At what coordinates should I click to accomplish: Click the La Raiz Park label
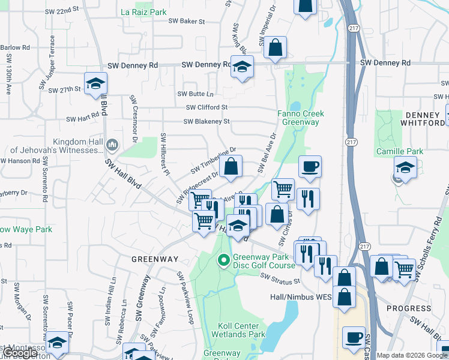pyautogui.click(x=143, y=11)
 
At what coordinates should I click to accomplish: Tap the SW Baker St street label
pyautogui.click(x=187, y=21)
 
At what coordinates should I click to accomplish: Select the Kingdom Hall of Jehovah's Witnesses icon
pyautogui.click(x=112, y=145)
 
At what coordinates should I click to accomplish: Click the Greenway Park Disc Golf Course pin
pyautogui.click(x=223, y=260)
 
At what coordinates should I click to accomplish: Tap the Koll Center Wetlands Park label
pyautogui.click(x=241, y=329)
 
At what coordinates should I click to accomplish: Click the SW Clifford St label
pyautogui.click(x=206, y=107)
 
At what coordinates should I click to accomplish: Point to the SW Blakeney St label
pyautogui.click(x=206, y=121)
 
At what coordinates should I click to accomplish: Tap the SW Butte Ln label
pyautogui.click(x=195, y=94)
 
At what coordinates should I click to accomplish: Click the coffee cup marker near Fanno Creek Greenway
pyautogui.click(x=310, y=166)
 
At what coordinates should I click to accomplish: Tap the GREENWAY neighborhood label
pyautogui.click(x=155, y=259)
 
